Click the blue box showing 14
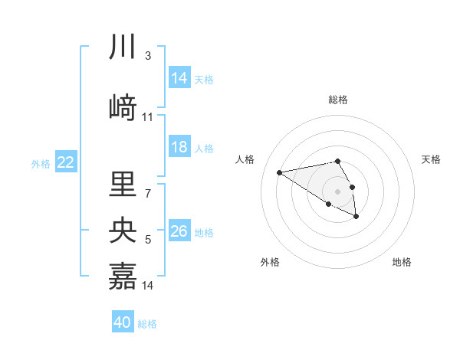(x=179, y=77)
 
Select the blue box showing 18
(x=179, y=147)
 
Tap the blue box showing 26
(x=179, y=231)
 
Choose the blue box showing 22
(x=66, y=162)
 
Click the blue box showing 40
(x=123, y=322)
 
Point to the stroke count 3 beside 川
(x=147, y=56)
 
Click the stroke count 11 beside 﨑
(x=148, y=117)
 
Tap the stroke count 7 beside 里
(x=147, y=192)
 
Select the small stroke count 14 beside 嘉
(x=148, y=286)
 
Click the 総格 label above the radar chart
(x=337, y=100)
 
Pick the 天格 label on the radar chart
(x=431, y=159)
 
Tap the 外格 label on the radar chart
(x=270, y=262)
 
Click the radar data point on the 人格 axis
(x=280, y=172)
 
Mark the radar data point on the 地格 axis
(x=356, y=217)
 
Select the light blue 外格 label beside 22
(x=40, y=163)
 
